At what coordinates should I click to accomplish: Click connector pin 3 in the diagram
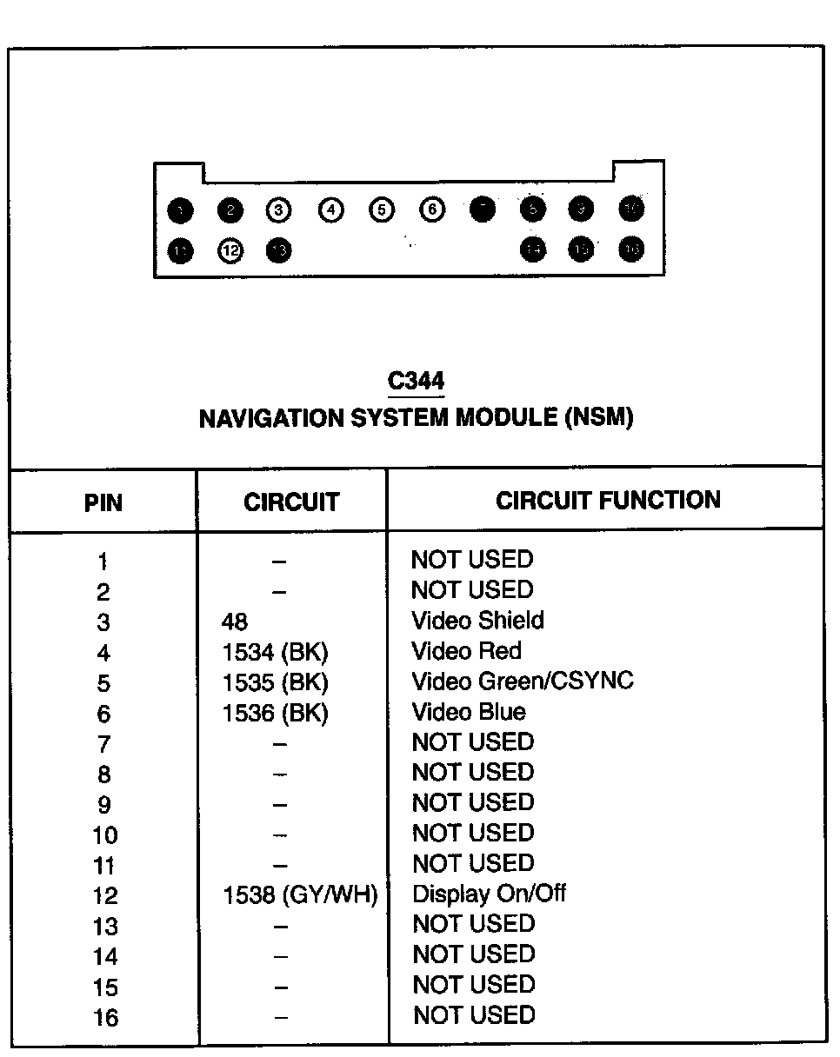tap(278, 209)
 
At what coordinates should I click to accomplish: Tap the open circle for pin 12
tap(230, 250)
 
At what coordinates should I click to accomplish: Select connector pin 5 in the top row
tap(381, 209)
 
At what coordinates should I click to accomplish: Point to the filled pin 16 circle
tap(631, 249)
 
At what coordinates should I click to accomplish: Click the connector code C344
tap(417, 382)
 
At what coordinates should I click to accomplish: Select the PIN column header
tap(103, 502)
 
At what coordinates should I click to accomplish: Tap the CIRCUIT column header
tap(291, 502)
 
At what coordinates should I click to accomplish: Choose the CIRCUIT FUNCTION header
tap(608, 500)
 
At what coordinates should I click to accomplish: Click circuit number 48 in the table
tap(235, 622)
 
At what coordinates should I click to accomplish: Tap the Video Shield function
tap(477, 621)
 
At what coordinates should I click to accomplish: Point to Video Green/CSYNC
tap(523, 681)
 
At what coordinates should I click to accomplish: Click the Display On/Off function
tap(490, 894)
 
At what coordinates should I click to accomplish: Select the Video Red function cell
tap(467, 651)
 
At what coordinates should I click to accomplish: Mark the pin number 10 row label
tap(104, 835)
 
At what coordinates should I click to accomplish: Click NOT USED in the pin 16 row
tap(474, 1014)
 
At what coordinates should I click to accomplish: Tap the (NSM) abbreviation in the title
tap(599, 418)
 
